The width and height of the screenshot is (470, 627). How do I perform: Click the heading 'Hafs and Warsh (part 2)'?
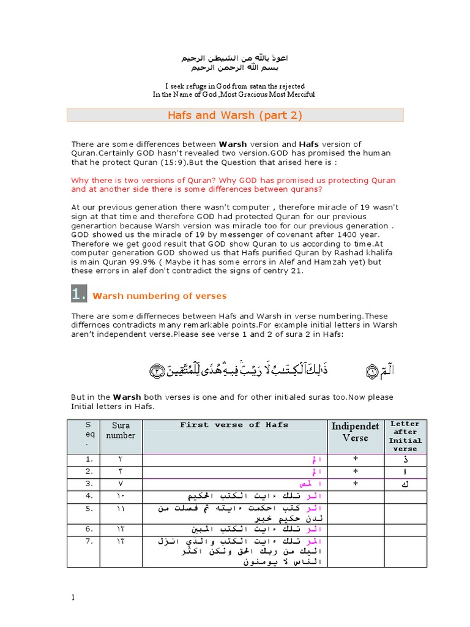tap(235, 115)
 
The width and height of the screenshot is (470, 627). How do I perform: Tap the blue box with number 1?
tap(79, 295)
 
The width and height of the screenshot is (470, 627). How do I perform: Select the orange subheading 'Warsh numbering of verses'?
tap(159, 296)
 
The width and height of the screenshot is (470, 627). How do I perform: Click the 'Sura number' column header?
tap(120, 430)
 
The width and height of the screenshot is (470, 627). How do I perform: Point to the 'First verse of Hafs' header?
tap(234, 425)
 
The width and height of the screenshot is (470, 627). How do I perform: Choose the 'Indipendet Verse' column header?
tap(355, 432)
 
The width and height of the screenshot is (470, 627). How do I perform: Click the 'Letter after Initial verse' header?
tap(405, 436)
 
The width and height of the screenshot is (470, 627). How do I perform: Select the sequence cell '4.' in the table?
tap(89, 495)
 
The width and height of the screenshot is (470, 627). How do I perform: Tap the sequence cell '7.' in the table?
tap(89, 542)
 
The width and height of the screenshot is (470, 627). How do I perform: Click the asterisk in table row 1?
tap(355, 460)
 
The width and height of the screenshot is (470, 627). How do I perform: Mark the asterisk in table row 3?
tap(355, 484)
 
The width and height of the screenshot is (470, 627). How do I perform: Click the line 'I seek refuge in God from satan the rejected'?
tap(234, 86)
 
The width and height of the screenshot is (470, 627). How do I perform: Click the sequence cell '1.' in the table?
tap(89, 460)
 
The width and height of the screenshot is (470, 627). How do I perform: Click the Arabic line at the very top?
tap(234, 58)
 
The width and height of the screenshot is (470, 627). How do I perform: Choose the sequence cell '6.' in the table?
tap(89, 528)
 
